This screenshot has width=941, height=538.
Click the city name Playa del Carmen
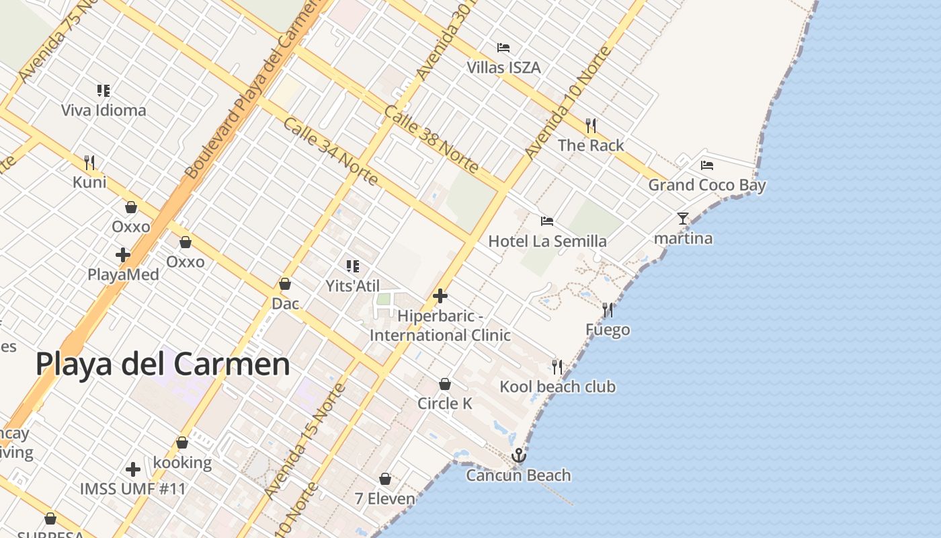(163, 364)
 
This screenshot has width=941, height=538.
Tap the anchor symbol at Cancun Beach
(518, 457)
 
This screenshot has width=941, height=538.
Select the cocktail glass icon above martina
(683, 219)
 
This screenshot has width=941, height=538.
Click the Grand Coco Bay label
(706, 185)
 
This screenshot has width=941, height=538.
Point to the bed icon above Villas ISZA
(503, 48)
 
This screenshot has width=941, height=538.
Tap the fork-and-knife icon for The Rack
(591, 126)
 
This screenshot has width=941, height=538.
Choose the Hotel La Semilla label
(547, 241)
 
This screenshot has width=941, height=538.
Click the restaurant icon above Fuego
(608, 310)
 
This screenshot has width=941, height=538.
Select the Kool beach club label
(557, 387)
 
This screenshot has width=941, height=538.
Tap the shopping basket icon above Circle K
(444, 385)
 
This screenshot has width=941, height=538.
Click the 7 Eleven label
(385, 499)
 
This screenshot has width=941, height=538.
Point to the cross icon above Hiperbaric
(440, 296)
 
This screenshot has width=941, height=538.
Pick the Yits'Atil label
(353, 286)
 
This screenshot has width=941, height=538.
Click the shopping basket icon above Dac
(285, 284)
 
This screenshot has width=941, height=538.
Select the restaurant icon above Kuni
(89, 163)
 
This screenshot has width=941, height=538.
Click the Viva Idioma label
(104, 110)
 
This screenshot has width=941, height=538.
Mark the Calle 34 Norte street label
(330, 152)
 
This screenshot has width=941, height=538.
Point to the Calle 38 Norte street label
(431, 140)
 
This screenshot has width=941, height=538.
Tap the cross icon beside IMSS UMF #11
(133, 469)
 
